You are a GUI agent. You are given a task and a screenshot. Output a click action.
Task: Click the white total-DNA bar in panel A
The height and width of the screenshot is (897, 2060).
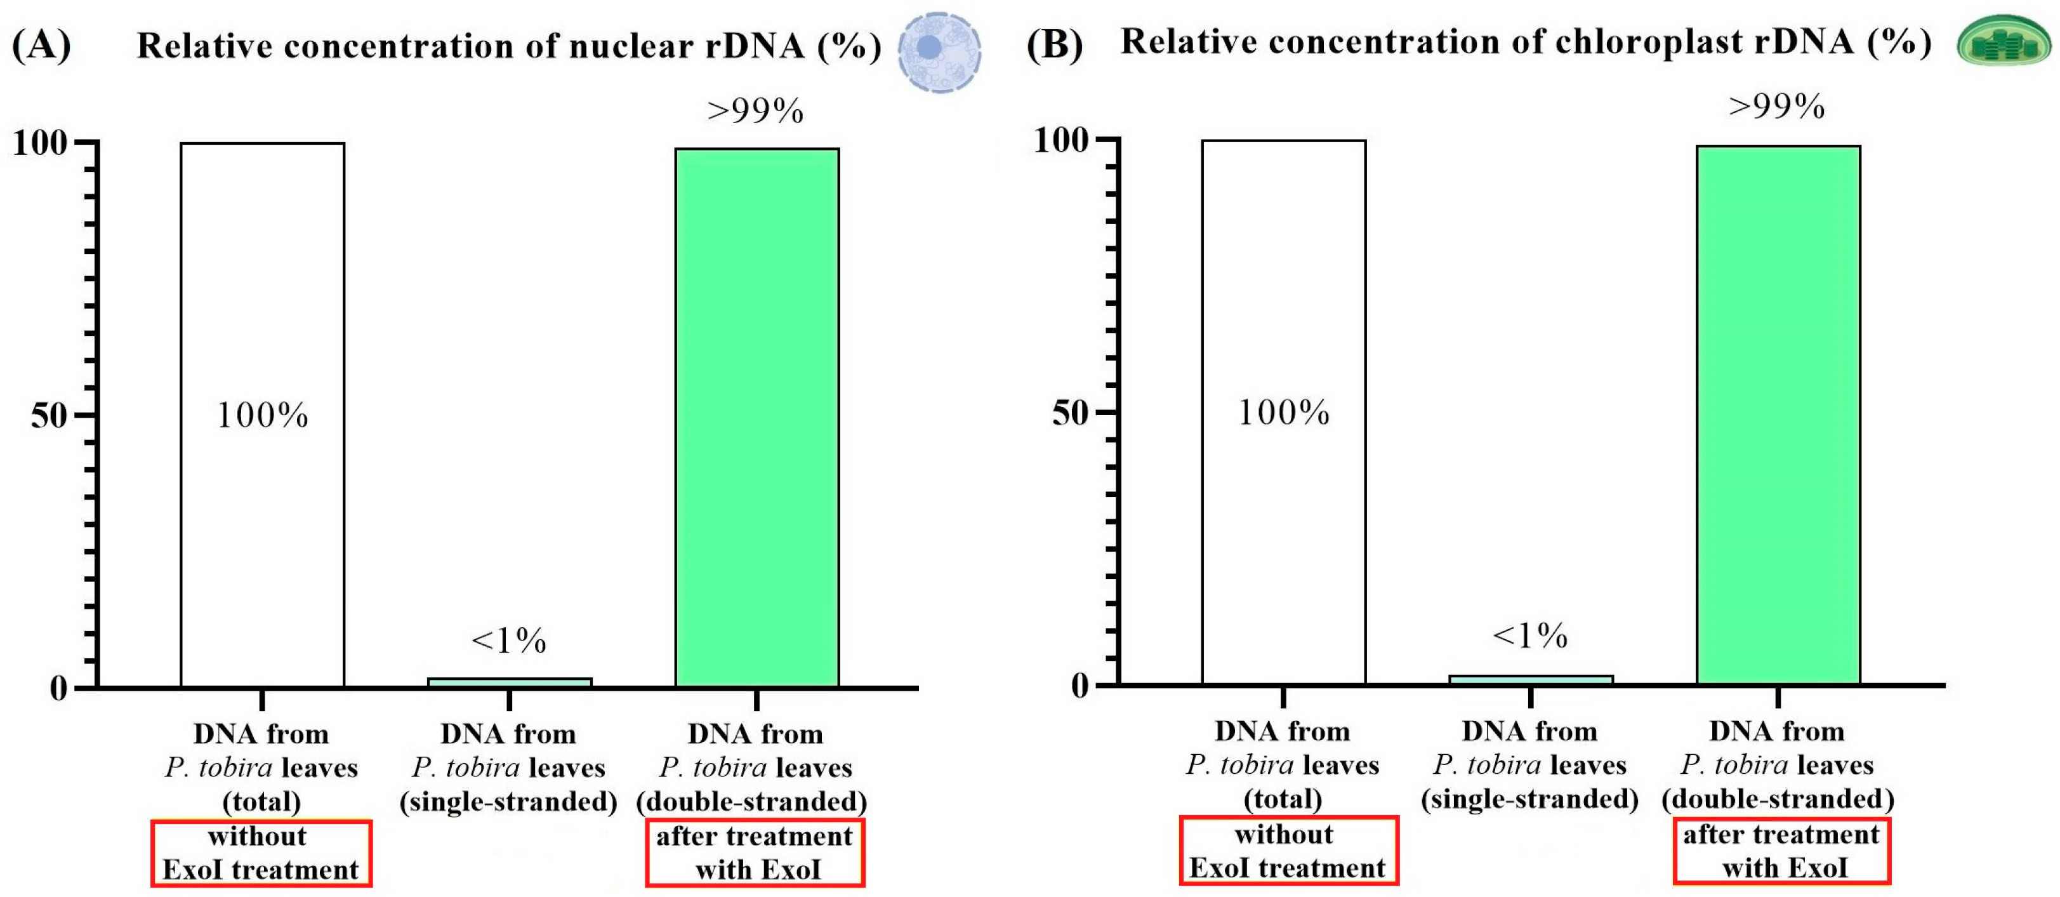pos(262,415)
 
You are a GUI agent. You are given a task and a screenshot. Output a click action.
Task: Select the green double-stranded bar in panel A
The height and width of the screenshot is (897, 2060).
pos(756,417)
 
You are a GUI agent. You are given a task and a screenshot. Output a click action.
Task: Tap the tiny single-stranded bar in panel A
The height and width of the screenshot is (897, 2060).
pos(510,682)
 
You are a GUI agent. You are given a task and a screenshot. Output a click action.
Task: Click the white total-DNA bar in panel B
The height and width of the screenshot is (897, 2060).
pos(1283,412)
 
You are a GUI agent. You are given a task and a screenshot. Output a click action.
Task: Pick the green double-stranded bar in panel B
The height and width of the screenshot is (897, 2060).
pos(1778,415)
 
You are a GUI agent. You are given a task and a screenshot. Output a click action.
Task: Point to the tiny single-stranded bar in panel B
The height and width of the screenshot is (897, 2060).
pos(1531,680)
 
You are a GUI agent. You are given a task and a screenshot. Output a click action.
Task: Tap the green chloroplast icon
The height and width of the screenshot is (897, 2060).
pos(2004,41)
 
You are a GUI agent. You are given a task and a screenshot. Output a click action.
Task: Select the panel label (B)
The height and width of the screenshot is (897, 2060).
pos(1055,43)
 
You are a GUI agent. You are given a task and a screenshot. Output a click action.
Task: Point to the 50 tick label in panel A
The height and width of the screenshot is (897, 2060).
pos(48,415)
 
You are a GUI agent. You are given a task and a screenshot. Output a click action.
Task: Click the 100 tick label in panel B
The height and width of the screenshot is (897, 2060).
pos(1061,140)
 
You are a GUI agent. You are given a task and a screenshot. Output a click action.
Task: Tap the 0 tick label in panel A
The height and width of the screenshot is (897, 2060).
pos(58,688)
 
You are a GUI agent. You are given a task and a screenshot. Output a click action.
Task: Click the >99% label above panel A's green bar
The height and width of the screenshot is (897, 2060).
pos(756,110)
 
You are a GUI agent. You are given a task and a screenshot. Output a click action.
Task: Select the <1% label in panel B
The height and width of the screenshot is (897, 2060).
pos(1530,635)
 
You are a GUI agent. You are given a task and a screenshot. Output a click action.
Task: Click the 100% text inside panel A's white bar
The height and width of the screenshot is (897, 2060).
pos(262,415)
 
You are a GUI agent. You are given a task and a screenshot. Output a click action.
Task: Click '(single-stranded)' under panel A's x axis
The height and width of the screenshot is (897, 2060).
pos(508,801)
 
